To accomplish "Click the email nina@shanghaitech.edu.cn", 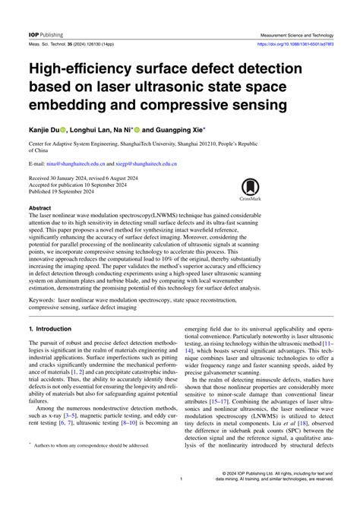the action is click(74, 163).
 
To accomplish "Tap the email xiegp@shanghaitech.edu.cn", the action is click(150, 163).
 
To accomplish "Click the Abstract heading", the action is click(39, 207).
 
